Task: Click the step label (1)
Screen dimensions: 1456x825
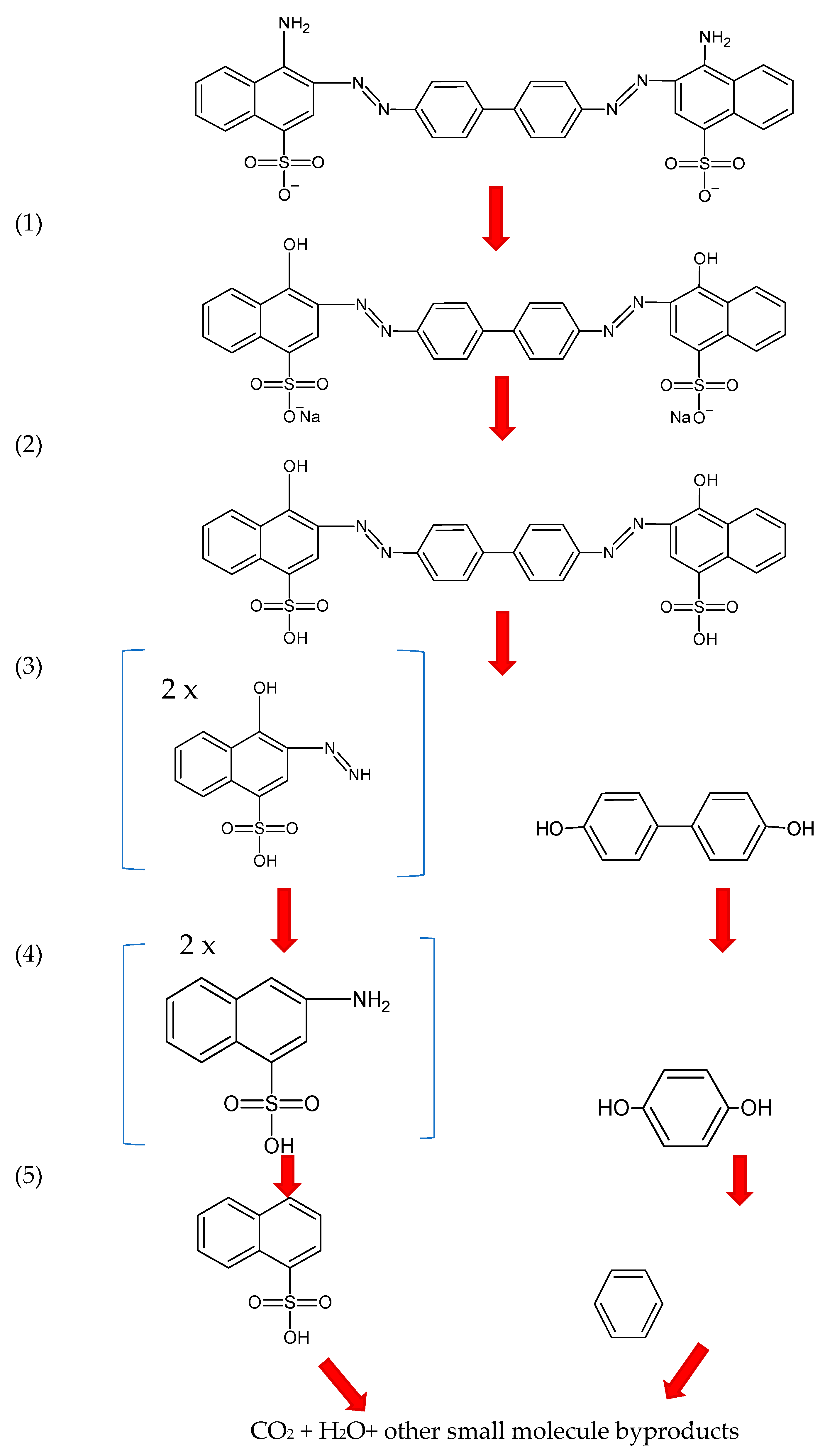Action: click(x=28, y=223)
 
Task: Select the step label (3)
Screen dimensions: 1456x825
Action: click(x=28, y=666)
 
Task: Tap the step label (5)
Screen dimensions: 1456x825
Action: click(x=28, y=1176)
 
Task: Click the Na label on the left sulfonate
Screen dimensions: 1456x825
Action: click(x=310, y=417)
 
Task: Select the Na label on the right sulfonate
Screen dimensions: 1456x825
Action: click(x=680, y=418)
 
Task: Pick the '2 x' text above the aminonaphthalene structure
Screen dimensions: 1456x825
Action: click(x=197, y=945)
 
